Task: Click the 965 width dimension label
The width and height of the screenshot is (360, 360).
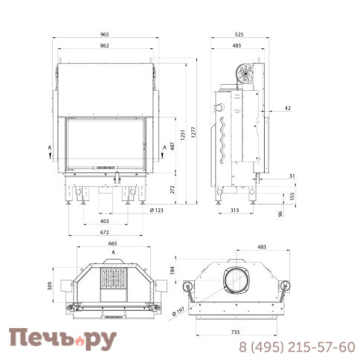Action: click(105, 34)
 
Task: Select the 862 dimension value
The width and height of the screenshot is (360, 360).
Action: click(105, 45)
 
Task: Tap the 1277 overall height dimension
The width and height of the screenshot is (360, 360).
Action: click(193, 132)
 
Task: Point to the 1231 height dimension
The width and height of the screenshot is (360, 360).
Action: click(183, 135)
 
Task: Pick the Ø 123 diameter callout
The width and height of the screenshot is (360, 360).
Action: click(157, 210)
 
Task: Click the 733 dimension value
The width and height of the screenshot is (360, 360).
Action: click(235, 332)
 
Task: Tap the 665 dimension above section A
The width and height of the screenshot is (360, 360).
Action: click(112, 244)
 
